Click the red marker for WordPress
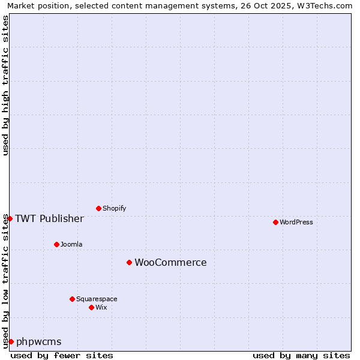[x=275, y=222]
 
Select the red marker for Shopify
[x=98, y=208]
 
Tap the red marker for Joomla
[x=56, y=244]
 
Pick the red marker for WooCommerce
[x=129, y=262]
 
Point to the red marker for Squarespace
[x=72, y=299]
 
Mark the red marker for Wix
[x=91, y=307]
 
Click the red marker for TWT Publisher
[x=10, y=218]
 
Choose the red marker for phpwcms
[x=11, y=341]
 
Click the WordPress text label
[x=296, y=222]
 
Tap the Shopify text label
[x=114, y=208]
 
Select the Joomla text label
[x=71, y=244]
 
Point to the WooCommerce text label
[x=170, y=262]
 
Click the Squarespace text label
[x=97, y=299]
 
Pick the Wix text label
[x=101, y=307]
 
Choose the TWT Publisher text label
[x=49, y=218]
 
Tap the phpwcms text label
[x=39, y=342]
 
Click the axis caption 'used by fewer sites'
[x=62, y=355]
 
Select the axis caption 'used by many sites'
[x=301, y=355]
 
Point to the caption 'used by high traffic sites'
[x=5, y=85]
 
